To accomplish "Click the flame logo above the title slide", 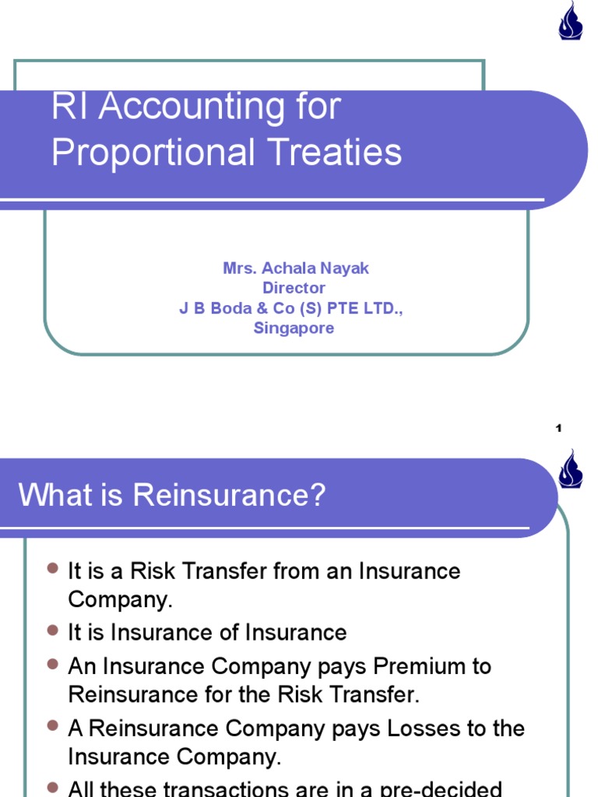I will tap(571, 21).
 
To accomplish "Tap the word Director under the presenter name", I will tap(294, 288).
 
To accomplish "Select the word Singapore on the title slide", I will tap(294, 328).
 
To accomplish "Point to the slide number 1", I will tap(558, 428).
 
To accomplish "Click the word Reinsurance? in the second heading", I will tap(229, 495).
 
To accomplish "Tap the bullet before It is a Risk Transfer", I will tap(53, 569).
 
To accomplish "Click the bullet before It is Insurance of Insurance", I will tap(53, 630).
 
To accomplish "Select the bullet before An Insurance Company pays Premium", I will tap(53, 664).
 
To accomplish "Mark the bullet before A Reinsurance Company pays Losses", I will tap(53, 726).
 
